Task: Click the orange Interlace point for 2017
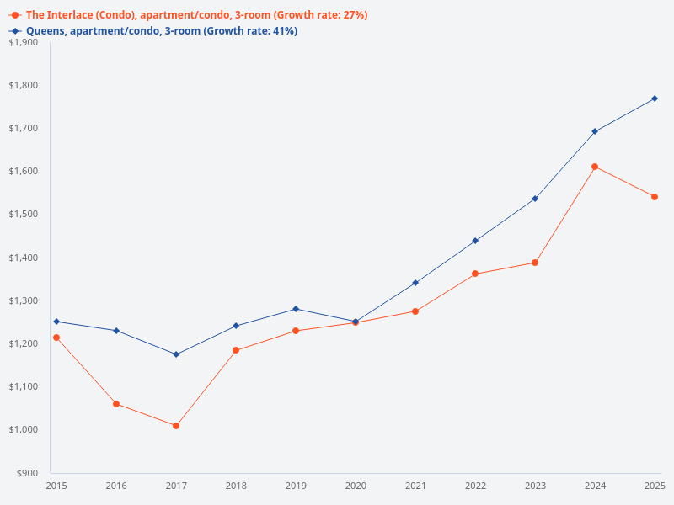pos(176,426)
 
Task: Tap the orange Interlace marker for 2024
pos(595,167)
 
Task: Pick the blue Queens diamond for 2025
pos(655,98)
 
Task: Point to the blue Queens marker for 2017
pos(176,354)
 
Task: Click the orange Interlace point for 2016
pos(116,404)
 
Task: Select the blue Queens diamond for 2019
pos(296,309)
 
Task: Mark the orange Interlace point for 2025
pos(655,197)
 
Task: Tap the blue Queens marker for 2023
pos(535,199)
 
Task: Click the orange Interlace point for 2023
pos(535,263)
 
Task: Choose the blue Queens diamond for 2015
pos(56,322)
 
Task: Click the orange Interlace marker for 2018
pos(236,350)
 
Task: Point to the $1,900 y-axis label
pos(23,42)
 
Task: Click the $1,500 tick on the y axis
pos(23,215)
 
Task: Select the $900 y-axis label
pos(26,473)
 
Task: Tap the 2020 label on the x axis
pos(356,486)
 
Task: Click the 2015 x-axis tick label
pos(56,486)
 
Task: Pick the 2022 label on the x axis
pos(475,486)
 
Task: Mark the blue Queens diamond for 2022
pos(475,241)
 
